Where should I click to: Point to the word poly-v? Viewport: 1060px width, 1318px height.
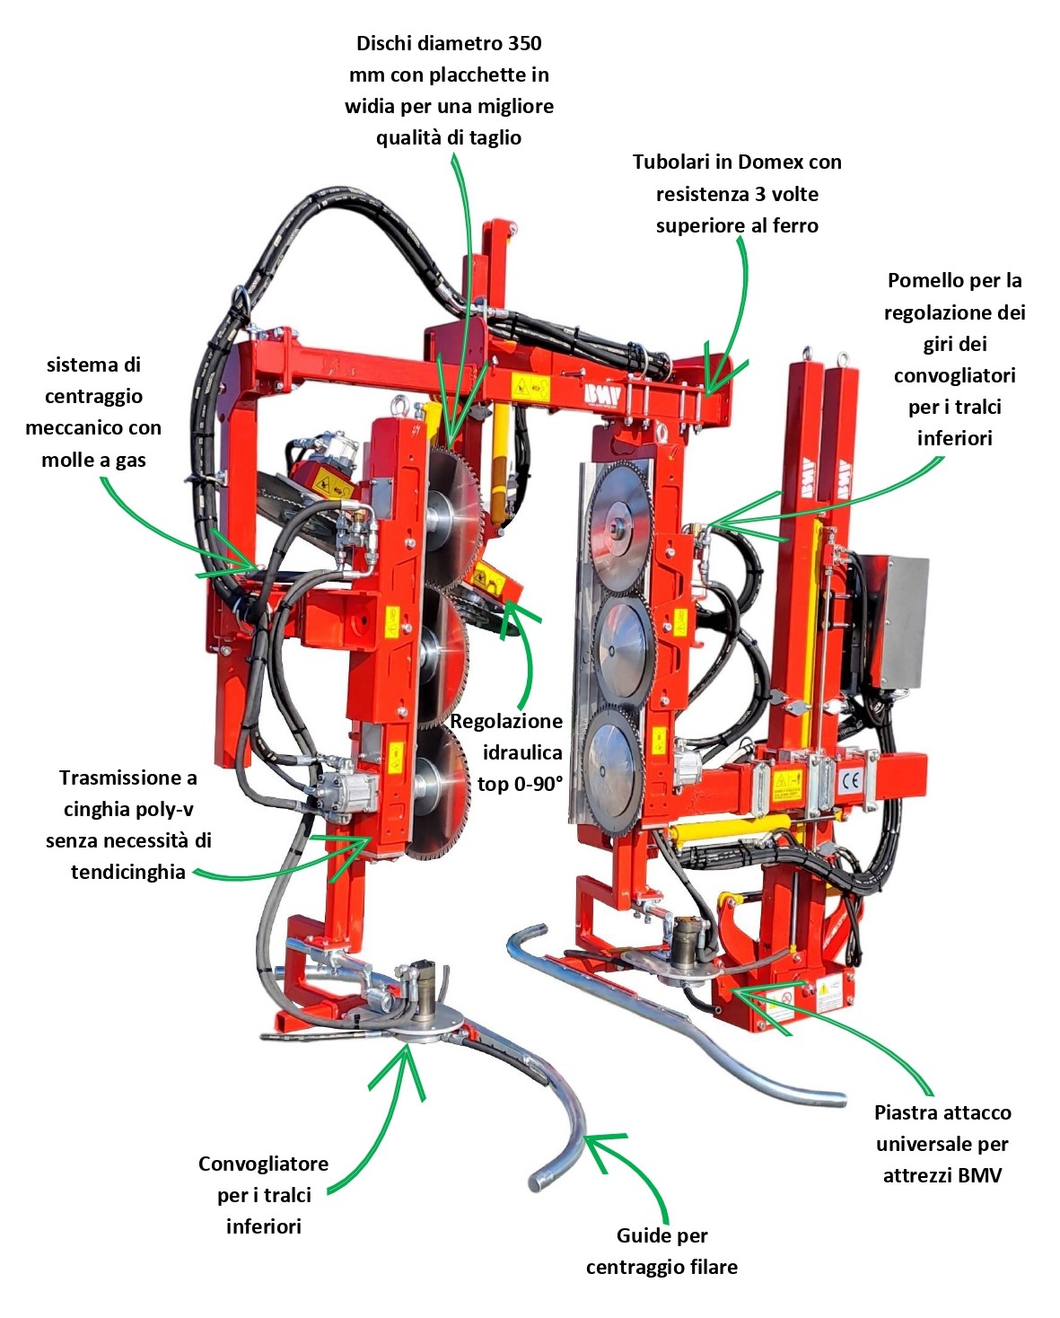tap(163, 809)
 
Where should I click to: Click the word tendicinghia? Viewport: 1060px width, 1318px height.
tap(128, 872)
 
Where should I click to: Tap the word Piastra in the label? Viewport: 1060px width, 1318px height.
tap(907, 1113)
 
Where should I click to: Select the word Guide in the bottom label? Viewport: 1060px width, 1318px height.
tap(639, 1236)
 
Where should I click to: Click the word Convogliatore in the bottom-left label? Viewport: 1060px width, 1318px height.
tap(263, 1164)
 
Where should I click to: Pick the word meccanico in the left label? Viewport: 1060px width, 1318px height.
tap(93, 428)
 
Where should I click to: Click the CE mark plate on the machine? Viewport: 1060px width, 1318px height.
tap(850, 781)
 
